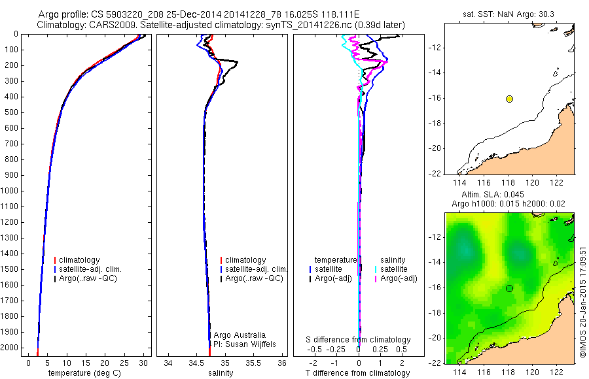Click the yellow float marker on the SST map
pos(509,99)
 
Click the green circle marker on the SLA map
pos(509,288)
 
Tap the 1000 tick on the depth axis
pos(10,191)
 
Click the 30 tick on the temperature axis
pos(143,362)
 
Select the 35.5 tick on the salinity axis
pos(254,362)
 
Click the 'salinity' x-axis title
pos(220,373)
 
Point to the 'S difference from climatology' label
pos(358,340)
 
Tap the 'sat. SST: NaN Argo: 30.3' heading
pos(509,13)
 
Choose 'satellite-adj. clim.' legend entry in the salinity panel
pos(256,269)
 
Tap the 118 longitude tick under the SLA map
pos(509,372)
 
